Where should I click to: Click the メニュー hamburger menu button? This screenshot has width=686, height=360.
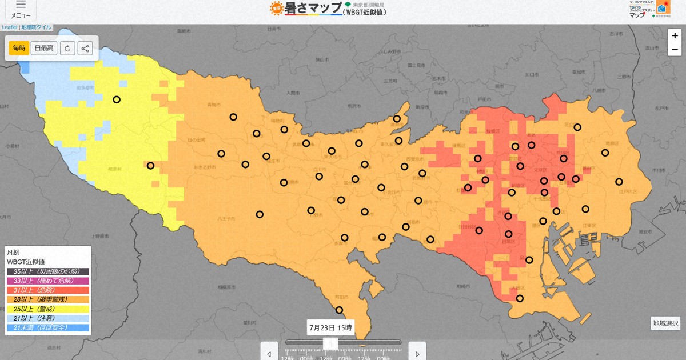pyautogui.click(x=21, y=10)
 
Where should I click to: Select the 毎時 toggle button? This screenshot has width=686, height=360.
pyautogui.click(x=19, y=48)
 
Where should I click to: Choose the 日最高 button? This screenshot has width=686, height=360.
pyautogui.click(x=44, y=48)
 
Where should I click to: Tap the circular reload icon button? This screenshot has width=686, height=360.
pyautogui.click(x=67, y=48)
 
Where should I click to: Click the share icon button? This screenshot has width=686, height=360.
pyautogui.click(x=85, y=48)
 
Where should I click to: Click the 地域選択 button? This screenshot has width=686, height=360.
pyautogui.click(x=665, y=323)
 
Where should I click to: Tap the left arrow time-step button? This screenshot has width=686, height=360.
pyautogui.click(x=269, y=352)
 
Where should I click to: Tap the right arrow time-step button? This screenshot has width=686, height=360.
pyautogui.click(x=417, y=352)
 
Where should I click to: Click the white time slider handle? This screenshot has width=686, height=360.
pyautogui.click(x=330, y=343)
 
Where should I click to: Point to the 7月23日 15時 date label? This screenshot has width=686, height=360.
pyautogui.click(x=330, y=327)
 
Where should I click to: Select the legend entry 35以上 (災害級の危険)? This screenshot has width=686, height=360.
pyautogui.click(x=48, y=271)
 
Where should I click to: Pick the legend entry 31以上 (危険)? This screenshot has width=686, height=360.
pyautogui.click(x=48, y=290)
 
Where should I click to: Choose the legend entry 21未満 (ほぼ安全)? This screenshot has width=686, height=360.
pyautogui.click(x=48, y=327)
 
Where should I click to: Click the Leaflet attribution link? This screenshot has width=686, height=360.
pyautogui.click(x=9, y=27)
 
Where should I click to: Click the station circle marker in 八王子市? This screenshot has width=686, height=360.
pyautogui.click(x=260, y=214)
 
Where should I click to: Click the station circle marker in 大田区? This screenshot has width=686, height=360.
pyautogui.click(x=520, y=298)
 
